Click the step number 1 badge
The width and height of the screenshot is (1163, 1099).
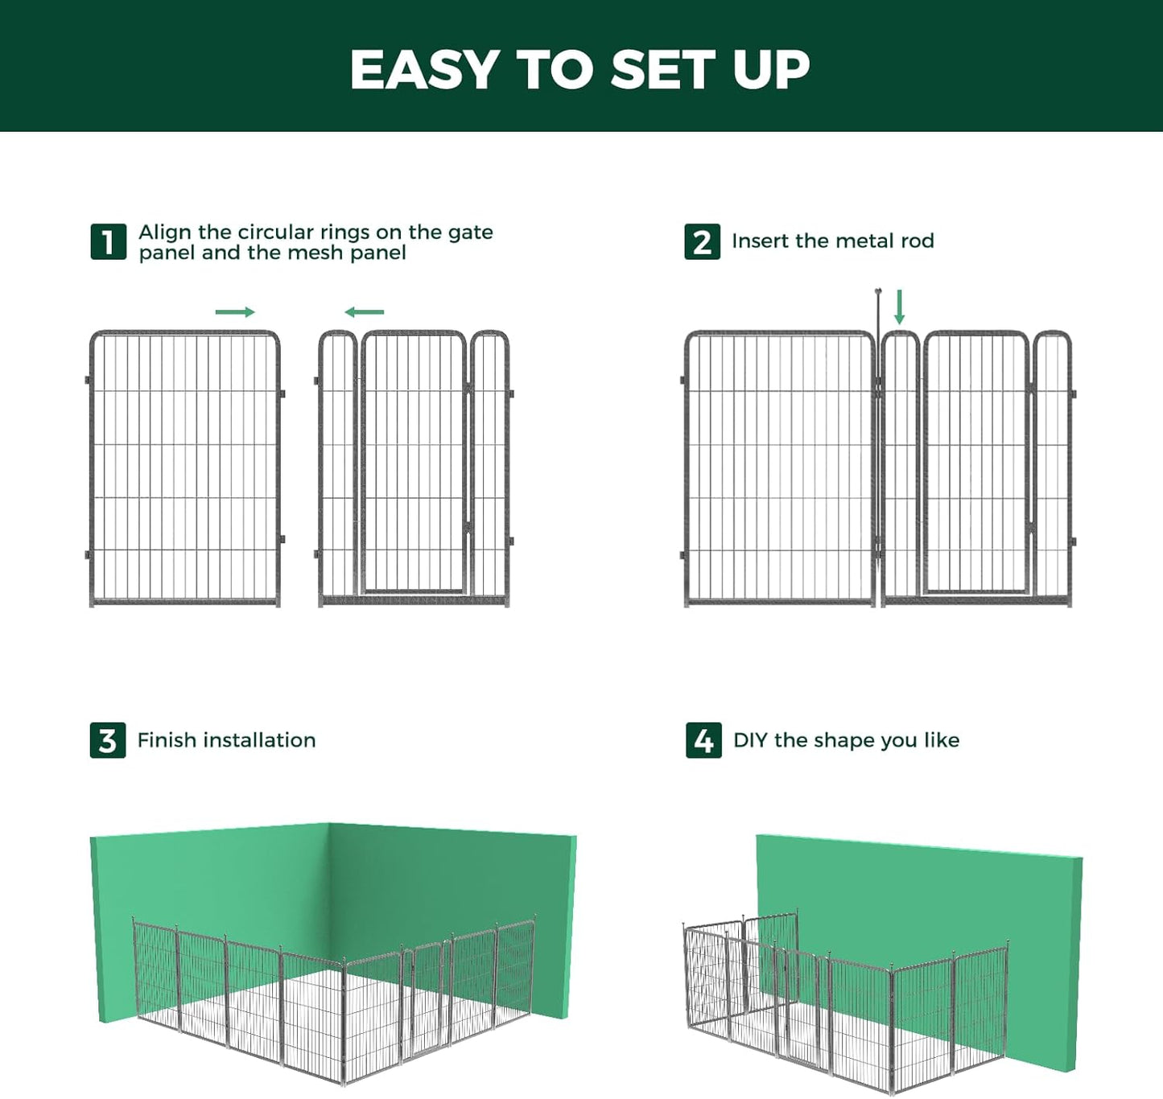point(108,242)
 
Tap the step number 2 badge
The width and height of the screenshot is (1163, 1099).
point(702,242)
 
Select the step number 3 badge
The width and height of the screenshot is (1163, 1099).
point(108,740)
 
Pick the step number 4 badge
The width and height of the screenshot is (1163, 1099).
point(703,740)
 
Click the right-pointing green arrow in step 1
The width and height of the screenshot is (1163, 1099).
point(235,312)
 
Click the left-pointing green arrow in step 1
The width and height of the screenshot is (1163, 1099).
point(364,312)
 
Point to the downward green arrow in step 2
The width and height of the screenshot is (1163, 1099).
point(899,307)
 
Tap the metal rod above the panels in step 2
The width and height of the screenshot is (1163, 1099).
point(878,310)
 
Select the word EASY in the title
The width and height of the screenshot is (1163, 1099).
point(425,70)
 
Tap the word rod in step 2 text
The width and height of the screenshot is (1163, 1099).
point(918,241)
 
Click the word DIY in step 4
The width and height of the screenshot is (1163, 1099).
point(750,740)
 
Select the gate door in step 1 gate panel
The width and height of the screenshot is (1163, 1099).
point(414,463)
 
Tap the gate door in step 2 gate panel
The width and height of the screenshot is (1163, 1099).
point(975,463)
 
